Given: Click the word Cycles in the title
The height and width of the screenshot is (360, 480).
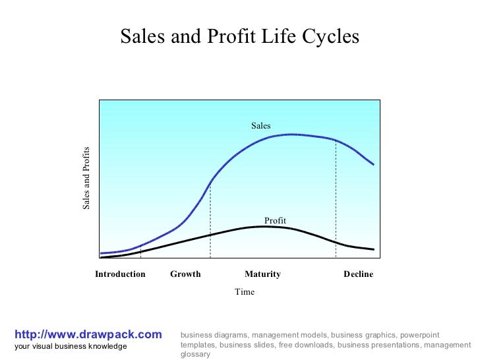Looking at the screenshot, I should click(x=333, y=36).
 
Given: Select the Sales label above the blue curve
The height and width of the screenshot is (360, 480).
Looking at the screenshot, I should click(x=260, y=125).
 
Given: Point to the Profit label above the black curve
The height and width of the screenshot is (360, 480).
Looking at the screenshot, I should click(x=275, y=220).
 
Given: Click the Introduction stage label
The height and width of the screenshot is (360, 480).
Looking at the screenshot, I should click(x=120, y=274).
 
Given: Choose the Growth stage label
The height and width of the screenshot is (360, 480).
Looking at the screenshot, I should click(x=185, y=274).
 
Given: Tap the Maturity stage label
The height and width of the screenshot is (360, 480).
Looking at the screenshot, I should click(x=262, y=274).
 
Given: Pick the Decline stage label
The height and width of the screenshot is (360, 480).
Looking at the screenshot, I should click(x=358, y=274).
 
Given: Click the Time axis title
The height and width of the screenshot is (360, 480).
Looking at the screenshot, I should click(x=244, y=292).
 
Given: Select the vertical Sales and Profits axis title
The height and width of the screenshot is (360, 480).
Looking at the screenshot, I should click(x=86, y=178).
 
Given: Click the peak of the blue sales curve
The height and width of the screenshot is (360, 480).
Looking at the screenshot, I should click(x=290, y=135).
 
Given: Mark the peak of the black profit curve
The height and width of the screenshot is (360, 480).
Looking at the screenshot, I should click(x=264, y=226).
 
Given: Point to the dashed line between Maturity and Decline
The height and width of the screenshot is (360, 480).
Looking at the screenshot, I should click(x=336, y=198).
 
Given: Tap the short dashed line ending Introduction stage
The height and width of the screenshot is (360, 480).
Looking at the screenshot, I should click(x=141, y=251).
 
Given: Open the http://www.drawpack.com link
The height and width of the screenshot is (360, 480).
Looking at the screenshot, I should click(x=87, y=335).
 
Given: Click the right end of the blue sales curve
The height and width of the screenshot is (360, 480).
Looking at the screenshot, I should click(x=373, y=164).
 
